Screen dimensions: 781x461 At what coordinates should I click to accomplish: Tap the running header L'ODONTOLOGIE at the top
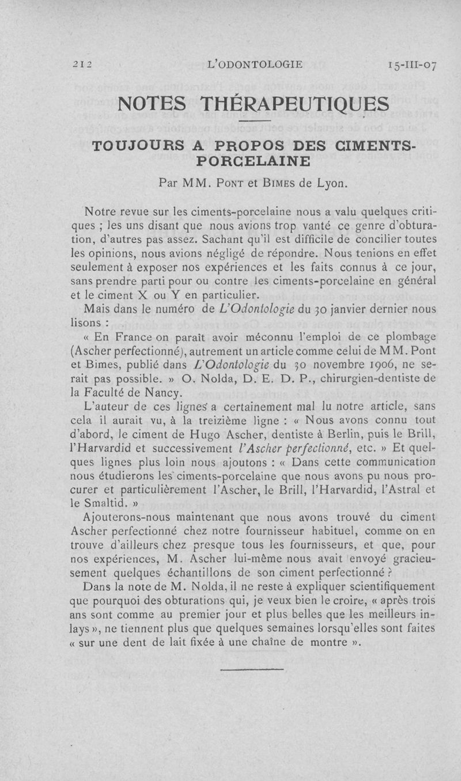click(254, 65)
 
